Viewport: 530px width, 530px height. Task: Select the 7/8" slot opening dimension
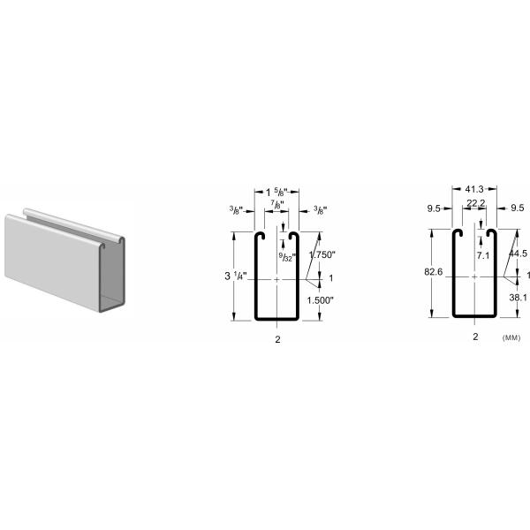(x=277, y=205)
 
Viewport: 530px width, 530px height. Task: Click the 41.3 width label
(x=474, y=189)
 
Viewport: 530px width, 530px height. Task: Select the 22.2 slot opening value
(x=474, y=202)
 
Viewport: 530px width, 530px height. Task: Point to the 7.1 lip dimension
(x=482, y=255)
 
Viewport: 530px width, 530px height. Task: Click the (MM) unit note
(x=511, y=337)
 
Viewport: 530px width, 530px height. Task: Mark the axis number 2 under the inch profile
(x=277, y=338)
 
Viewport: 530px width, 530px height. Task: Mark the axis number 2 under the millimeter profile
(x=475, y=337)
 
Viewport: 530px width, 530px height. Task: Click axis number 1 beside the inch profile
(x=330, y=277)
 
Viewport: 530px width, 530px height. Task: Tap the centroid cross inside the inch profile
(x=277, y=277)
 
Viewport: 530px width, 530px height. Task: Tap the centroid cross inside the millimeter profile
(x=474, y=276)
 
